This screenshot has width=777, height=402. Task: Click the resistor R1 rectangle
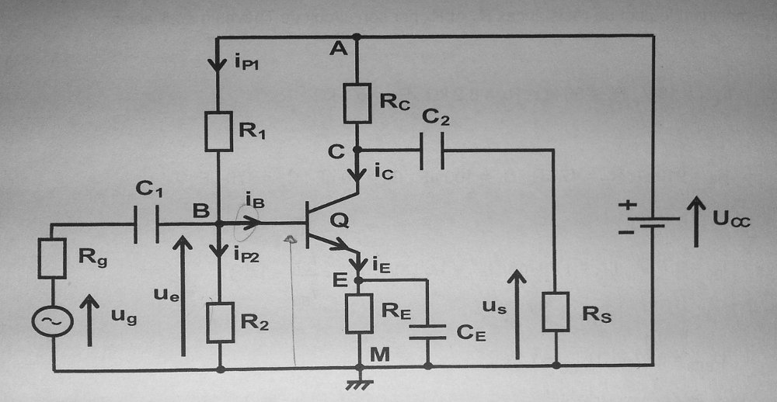pyautogui.click(x=219, y=131)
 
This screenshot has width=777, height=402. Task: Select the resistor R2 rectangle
pyautogui.click(x=219, y=323)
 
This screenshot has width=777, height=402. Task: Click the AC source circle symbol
pyautogui.click(x=54, y=320)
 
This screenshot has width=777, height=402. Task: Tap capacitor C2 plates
pyautogui.click(x=432, y=150)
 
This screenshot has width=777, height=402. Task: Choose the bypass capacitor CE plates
pyautogui.click(x=427, y=332)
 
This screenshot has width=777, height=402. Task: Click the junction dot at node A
pyautogui.click(x=357, y=36)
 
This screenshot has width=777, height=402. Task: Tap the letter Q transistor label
pyautogui.click(x=340, y=222)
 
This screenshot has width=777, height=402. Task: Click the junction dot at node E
pyautogui.click(x=357, y=279)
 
